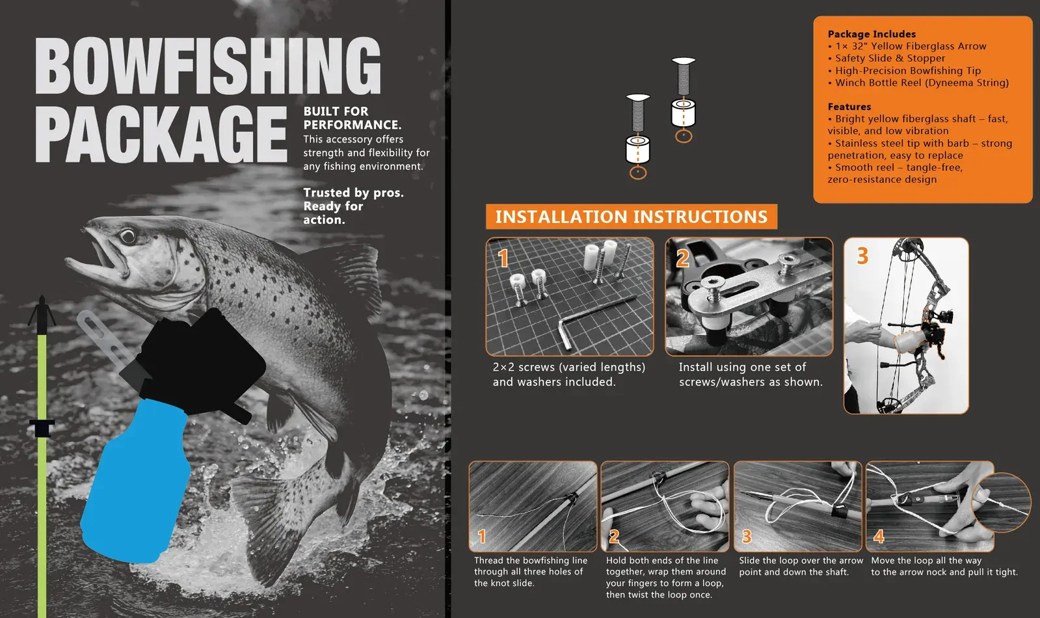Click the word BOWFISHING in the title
click(208, 66)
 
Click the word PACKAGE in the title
click(161, 134)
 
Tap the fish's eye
click(127, 236)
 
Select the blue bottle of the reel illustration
click(135, 481)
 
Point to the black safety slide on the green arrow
click(42, 427)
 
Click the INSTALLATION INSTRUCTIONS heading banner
click(632, 217)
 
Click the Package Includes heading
click(872, 34)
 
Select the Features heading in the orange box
click(849, 106)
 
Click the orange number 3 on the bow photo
click(862, 256)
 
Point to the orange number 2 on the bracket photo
click(682, 259)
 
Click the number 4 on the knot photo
click(879, 537)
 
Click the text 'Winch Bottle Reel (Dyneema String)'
click(922, 83)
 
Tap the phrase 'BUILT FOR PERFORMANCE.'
click(353, 118)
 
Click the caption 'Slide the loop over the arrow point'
click(801, 560)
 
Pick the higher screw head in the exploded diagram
click(684, 61)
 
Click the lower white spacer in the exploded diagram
click(637, 150)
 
